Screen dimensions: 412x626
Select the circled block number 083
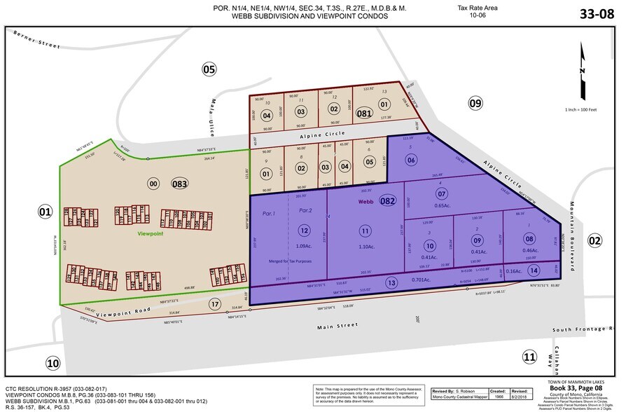179,184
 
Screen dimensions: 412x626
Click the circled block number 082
387,201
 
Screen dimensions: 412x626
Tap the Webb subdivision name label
365,201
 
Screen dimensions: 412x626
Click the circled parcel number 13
391,282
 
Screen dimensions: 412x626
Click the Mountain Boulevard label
571,231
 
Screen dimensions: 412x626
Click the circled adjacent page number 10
53,362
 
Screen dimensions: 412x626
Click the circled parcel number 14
534,270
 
